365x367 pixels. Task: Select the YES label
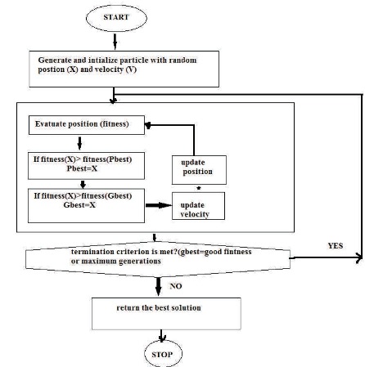[336, 245]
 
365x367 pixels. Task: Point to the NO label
[176, 286]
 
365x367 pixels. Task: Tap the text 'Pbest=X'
[82, 168]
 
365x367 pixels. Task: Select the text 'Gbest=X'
[79, 205]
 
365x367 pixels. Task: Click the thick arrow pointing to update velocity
[159, 205]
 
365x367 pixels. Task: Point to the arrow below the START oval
[115, 42]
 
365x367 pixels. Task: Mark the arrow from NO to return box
[158, 287]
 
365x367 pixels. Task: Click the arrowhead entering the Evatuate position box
[148, 125]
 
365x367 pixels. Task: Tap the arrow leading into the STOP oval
[162, 336]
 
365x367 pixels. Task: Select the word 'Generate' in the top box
[54, 60]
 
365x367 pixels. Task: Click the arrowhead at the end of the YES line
[359, 257]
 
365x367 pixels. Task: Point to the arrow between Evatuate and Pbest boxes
[79, 143]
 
